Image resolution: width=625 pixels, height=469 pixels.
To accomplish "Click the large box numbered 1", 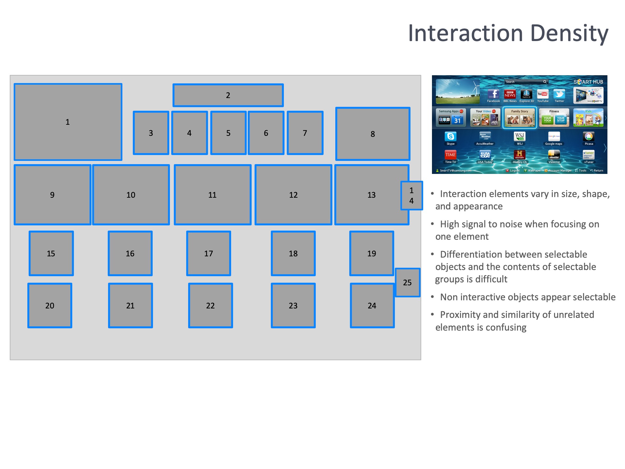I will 68,122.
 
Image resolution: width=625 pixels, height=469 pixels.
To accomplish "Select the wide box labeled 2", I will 228,95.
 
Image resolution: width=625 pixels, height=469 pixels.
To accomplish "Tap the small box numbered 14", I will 411,195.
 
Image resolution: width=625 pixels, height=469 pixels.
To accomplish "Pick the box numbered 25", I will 407,282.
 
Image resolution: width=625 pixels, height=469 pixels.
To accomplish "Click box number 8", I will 373,134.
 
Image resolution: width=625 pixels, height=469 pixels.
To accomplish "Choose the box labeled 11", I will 212,195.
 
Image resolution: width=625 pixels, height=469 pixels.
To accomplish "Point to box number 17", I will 209,253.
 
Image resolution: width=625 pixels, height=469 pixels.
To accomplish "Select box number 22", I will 210,306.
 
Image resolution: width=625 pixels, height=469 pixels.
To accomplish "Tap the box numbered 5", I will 228,133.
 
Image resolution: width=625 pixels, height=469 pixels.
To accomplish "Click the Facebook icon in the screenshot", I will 493,94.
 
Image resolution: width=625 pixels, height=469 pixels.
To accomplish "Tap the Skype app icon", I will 451,136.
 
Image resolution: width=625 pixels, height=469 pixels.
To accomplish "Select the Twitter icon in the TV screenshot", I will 559,94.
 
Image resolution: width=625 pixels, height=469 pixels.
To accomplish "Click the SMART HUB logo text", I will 588,82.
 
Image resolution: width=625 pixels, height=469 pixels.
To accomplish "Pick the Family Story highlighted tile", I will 520,118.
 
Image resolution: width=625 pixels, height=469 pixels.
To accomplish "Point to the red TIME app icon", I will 451,155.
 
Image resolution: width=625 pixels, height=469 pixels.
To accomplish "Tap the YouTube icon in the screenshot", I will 543,94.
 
